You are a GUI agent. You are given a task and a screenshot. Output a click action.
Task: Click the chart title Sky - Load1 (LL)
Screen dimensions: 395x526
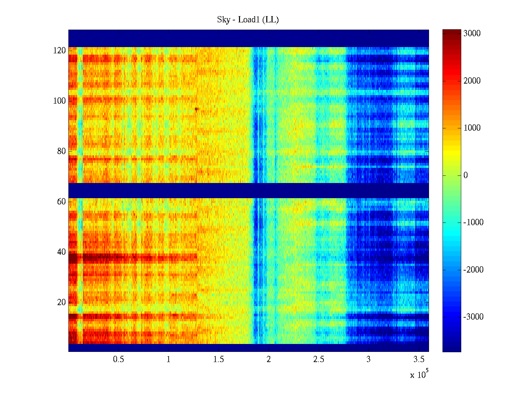click(x=248, y=20)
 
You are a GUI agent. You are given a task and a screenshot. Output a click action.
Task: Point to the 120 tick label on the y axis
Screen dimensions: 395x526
click(x=60, y=51)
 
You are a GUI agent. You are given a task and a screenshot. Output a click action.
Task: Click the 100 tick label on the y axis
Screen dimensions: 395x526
click(x=60, y=101)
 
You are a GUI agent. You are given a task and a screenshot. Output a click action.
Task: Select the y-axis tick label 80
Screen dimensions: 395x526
click(x=61, y=151)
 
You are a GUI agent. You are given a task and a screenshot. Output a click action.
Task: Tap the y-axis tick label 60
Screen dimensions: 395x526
click(x=61, y=202)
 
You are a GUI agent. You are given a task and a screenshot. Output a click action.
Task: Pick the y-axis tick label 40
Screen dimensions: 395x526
click(x=61, y=252)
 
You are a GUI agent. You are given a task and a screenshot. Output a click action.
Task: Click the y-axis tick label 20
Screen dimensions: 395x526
click(x=61, y=303)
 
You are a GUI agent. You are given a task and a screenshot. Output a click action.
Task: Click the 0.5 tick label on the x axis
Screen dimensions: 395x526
click(x=119, y=359)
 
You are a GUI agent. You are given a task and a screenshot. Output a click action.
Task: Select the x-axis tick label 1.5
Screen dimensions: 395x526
click(x=219, y=359)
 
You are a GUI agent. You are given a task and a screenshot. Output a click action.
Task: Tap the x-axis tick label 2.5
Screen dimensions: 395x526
click(x=319, y=359)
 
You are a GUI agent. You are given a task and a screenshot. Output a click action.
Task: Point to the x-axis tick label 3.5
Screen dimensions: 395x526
click(x=418, y=359)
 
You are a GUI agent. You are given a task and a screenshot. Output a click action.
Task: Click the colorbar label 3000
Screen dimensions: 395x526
click(x=472, y=34)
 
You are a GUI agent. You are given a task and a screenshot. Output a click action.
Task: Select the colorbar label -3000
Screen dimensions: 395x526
click(x=473, y=317)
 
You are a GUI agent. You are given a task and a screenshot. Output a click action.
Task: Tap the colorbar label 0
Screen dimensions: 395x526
click(x=466, y=175)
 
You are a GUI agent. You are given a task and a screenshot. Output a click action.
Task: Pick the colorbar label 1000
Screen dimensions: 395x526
click(x=472, y=128)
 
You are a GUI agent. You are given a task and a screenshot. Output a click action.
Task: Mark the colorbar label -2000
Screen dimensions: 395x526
click(x=473, y=270)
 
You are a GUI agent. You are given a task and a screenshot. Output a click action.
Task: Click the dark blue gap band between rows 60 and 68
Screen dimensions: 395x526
click(x=249, y=191)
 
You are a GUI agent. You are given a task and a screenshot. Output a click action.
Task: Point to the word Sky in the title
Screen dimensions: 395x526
click(x=224, y=20)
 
